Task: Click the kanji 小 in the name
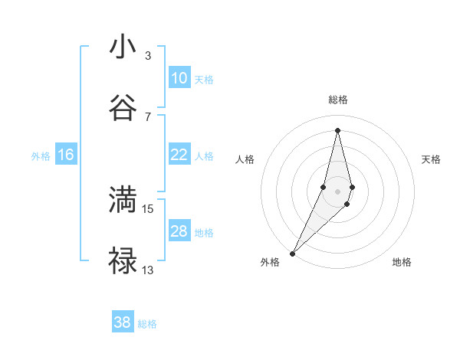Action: tap(123, 47)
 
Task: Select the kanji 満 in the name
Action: tap(123, 200)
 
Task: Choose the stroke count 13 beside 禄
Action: tap(148, 270)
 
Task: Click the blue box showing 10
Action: tap(179, 78)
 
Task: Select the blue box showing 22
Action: tap(179, 155)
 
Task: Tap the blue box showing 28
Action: tap(179, 231)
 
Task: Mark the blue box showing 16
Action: tap(66, 155)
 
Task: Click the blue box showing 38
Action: tap(122, 322)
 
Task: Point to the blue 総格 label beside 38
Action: tap(147, 324)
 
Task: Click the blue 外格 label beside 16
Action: tap(41, 156)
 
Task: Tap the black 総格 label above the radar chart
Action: tap(337, 100)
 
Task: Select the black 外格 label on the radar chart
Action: tap(270, 263)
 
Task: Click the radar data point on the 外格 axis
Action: tap(293, 252)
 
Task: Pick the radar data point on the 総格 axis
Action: tap(337, 129)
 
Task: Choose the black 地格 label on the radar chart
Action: tap(402, 263)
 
